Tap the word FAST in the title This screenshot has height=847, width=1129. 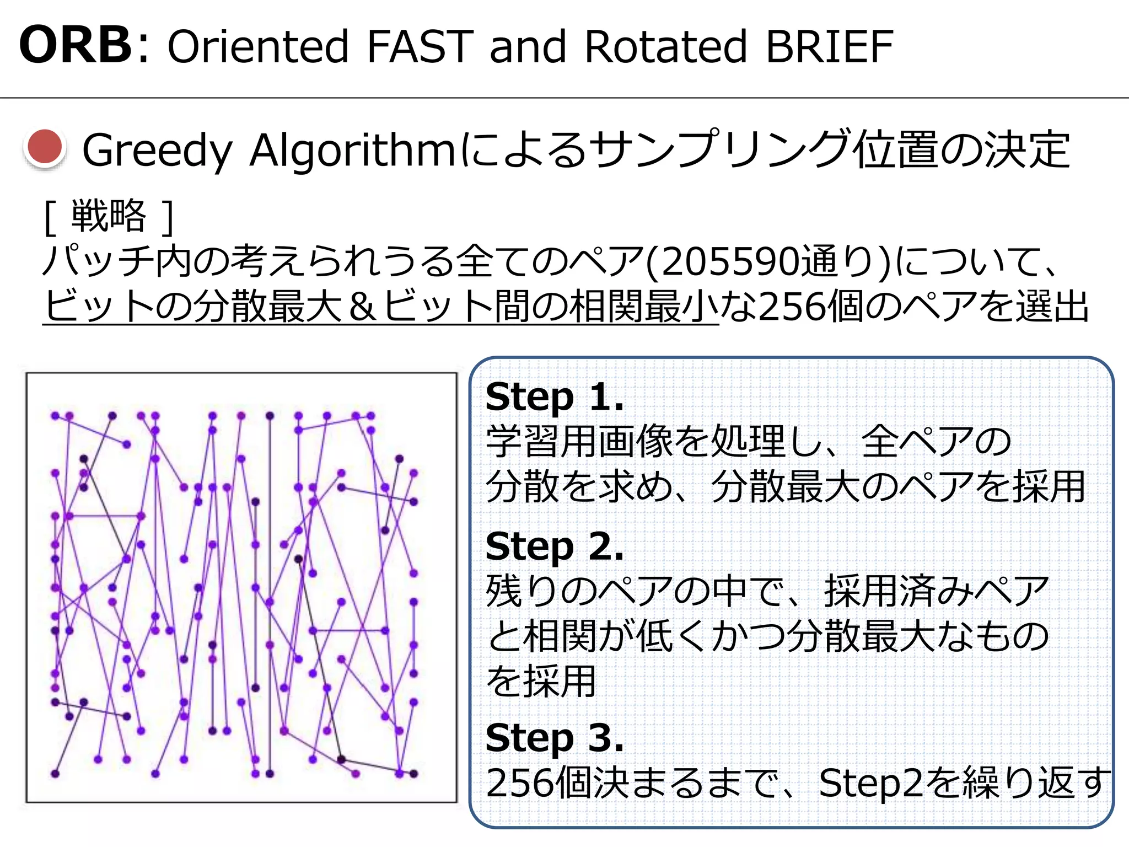tap(420, 46)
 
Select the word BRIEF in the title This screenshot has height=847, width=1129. tap(829, 46)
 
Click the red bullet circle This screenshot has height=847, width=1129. tap(45, 148)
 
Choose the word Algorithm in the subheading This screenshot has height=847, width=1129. tap(353, 150)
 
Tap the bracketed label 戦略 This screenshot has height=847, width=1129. tap(109, 216)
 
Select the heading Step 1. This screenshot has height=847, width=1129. tap(554, 397)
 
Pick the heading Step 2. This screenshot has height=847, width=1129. tap(554, 546)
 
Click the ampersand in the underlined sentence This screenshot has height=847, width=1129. tap(362, 307)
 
